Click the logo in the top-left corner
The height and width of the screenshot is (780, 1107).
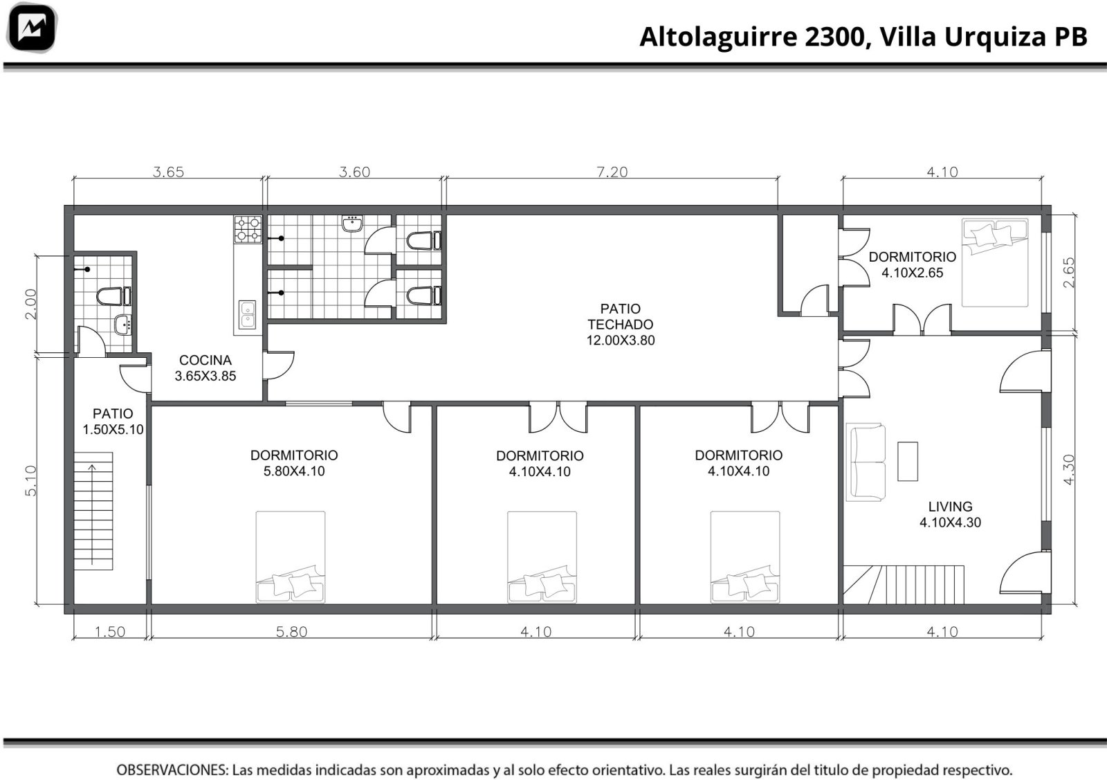tap(32, 28)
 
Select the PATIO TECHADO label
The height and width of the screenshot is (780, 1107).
tap(620, 325)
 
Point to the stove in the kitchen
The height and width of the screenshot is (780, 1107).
tap(248, 229)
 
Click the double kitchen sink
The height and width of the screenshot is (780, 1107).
tap(247, 315)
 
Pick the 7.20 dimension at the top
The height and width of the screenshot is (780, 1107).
tap(612, 172)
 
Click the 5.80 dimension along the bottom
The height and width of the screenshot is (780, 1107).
tap(291, 632)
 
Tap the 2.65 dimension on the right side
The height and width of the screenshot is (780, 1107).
tap(1068, 273)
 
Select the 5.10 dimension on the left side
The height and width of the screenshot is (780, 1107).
tap(30, 480)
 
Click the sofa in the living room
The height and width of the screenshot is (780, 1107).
tap(866, 462)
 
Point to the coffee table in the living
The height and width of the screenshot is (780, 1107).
tap(907, 461)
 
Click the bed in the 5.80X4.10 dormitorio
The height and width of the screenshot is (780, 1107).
tap(291, 557)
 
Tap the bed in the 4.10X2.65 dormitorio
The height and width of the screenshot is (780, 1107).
tap(995, 262)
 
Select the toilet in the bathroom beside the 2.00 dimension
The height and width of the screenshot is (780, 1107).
tap(113, 296)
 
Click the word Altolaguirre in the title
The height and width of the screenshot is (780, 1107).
tap(719, 37)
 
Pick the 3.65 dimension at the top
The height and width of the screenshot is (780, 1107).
tap(169, 172)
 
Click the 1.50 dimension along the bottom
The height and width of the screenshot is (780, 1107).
tap(110, 632)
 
